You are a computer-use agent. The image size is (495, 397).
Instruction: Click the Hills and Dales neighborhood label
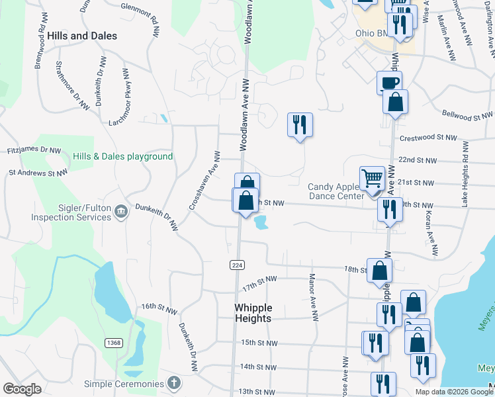click(83, 36)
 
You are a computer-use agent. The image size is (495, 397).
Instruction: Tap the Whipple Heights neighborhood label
click(253, 313)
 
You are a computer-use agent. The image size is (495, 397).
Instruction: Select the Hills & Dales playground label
click(123, 157)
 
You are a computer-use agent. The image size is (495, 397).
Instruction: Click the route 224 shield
click(238, 265)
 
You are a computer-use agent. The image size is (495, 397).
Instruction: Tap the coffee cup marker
click(389, 83)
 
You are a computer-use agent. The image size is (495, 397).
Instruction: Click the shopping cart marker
click(372, 177)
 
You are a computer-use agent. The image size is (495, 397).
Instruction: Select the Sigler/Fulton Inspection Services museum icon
click(120, 212)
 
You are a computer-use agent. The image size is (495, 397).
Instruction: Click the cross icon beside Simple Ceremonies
click(173, 383)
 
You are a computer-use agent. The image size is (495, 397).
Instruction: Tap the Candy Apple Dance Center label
click(337, 191)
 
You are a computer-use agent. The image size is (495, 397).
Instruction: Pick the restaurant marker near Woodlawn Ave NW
click(300, 124)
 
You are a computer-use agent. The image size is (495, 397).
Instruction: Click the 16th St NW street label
click(159, 308)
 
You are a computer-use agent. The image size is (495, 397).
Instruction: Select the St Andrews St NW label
click(38, 173)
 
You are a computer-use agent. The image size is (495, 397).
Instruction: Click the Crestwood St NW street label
click(428, 138)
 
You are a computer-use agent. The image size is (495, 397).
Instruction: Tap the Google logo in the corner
click(22, 389)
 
